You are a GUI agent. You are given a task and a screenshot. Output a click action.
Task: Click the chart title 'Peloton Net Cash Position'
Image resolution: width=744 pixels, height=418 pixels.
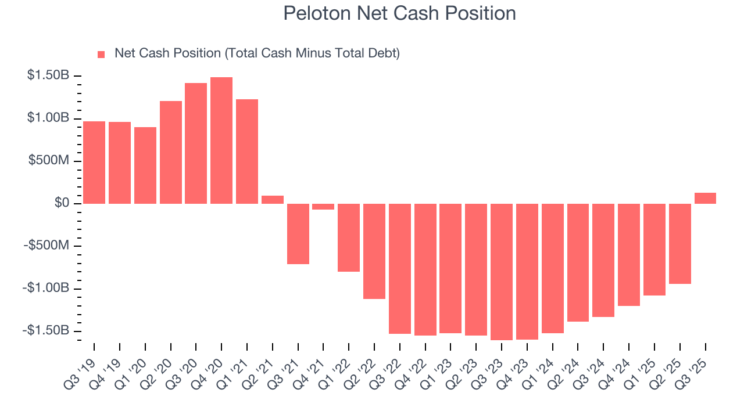[x=399, y=13]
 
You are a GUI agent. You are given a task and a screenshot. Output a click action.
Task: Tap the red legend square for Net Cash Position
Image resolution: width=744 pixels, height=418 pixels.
[x=101, y=54]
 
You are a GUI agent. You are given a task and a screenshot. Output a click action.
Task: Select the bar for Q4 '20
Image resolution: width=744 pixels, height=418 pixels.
[x=221, y=140]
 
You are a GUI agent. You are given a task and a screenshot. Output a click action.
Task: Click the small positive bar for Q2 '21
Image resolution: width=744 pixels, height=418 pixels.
[x=273, y=199]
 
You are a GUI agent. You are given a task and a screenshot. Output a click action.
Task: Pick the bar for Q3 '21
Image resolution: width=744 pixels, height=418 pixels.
[x=298, y=233]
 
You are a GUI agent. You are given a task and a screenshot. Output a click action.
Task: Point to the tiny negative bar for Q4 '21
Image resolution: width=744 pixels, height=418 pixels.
[x=323, y=207]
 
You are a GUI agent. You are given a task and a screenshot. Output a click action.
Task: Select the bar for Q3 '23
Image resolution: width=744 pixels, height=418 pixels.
[x=502, y=272]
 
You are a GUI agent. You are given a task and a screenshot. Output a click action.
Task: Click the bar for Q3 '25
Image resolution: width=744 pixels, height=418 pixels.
[x=705, y=198]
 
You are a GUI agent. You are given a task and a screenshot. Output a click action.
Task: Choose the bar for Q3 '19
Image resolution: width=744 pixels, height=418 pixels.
[x=94, y=163]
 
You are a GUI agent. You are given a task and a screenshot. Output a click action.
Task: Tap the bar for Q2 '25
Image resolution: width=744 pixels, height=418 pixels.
[x=680, y=244]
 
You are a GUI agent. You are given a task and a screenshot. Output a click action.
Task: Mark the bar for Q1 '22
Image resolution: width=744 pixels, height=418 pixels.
[x=349, y=237]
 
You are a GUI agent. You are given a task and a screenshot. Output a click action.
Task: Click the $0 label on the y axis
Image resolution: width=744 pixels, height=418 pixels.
[x=62, y=203]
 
